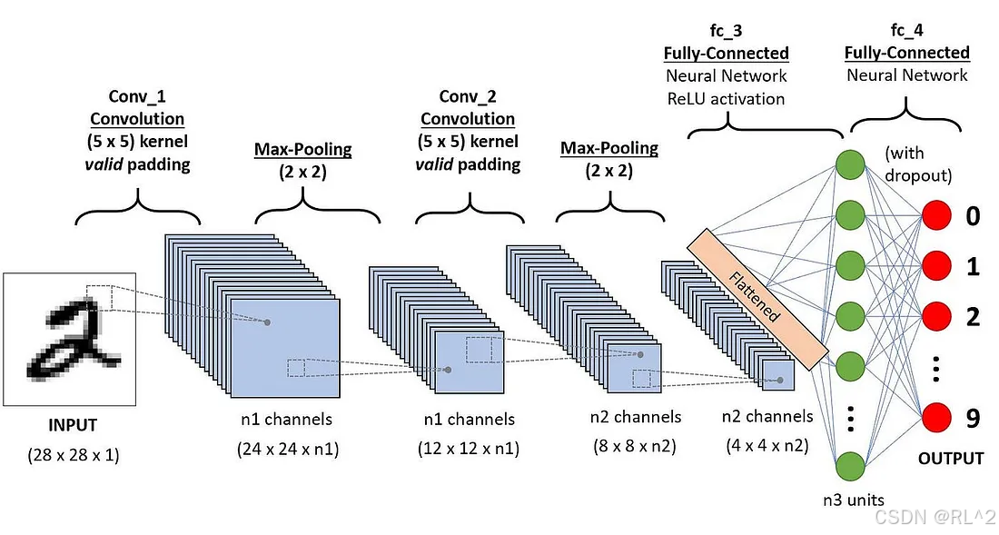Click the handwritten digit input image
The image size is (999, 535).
69,339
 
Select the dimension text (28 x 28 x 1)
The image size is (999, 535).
73,454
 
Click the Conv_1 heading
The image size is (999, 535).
137,96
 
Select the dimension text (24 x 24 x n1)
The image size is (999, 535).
288,449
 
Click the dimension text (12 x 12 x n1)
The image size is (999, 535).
469,449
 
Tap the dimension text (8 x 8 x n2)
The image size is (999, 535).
635,446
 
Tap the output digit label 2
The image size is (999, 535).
974,317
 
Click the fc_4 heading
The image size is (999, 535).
906,31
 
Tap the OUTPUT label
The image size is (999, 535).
950,458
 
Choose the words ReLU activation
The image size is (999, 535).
727,98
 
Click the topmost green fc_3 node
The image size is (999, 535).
849,164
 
